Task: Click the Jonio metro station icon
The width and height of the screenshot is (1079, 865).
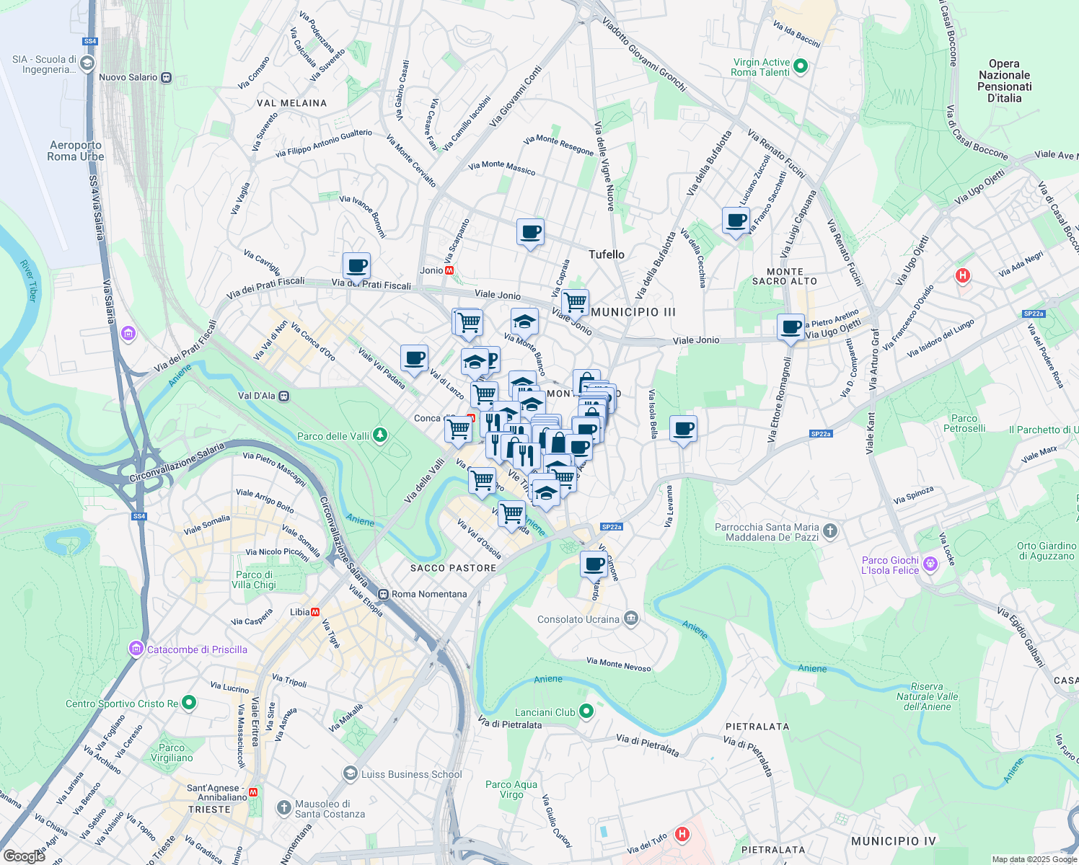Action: [450, 270]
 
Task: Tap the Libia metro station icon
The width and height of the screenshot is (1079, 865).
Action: [315, 612]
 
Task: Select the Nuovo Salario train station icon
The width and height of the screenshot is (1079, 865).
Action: [167, 77]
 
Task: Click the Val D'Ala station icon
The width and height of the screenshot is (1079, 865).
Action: [284, 396]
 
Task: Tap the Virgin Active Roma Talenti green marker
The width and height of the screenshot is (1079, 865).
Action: [800, 67]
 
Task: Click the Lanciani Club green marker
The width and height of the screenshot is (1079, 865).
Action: [586, 712]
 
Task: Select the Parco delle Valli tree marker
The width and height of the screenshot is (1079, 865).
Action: [380, 435]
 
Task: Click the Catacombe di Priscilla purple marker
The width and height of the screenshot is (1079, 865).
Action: [136, 649]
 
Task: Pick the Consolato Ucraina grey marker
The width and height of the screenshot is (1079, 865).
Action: [631, 619]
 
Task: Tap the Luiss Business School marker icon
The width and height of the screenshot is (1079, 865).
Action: [350, 774]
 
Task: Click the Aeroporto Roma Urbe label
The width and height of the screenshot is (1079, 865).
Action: [76, 151]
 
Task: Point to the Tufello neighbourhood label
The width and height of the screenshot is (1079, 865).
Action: [607, 254]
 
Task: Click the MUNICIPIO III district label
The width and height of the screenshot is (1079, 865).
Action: [633, 312]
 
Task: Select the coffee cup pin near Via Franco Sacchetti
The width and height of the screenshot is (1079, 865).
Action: [736, 221]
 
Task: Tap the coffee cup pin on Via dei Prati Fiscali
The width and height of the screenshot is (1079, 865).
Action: [356, 266]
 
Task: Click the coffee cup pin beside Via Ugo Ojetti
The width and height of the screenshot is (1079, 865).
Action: [790, 327]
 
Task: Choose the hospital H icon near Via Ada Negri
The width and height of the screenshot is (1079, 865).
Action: [962, 275]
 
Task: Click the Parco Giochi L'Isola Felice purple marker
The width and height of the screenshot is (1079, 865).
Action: [930, 564]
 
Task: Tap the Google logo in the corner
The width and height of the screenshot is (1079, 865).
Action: [24, 856]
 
